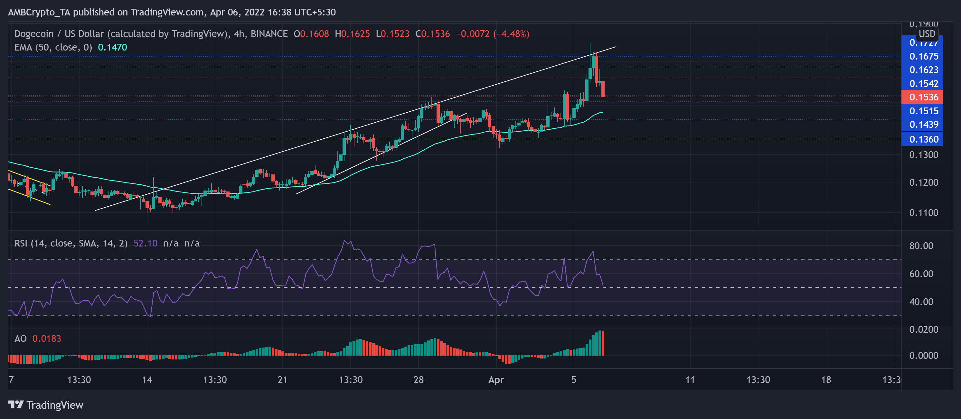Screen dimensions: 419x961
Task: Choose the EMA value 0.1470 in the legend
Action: pyautogui.click(x=112, y=47)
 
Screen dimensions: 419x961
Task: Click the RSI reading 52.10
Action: pyautogui.click(x=145, y=243)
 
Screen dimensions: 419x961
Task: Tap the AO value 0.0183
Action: pyautogui.click(x=47, y=339)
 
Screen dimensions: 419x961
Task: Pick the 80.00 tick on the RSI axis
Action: pyautogui.click(x=921, y=246)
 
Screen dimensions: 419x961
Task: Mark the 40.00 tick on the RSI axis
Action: pyautogui.click(x=921, y=302)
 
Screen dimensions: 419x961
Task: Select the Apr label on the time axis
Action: pyautogui.click(x=496, y=380)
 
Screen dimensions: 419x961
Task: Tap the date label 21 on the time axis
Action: pyautogui.click(x=282, y=380)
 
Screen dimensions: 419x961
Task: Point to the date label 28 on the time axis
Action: pyautogui.click(x=418, y=380)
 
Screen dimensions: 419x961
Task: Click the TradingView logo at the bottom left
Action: pyautogui.click(x=45, y=405)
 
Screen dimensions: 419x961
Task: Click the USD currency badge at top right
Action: pyautogui.click(x=927, y=34)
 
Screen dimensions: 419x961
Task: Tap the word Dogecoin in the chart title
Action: pyautogui.click(x=34, y=34)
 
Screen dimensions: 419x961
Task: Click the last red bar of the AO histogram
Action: pyautogui.click(x=603, y=343)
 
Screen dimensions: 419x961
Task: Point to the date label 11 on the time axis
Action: pyautogui.click(x=690, y=380)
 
